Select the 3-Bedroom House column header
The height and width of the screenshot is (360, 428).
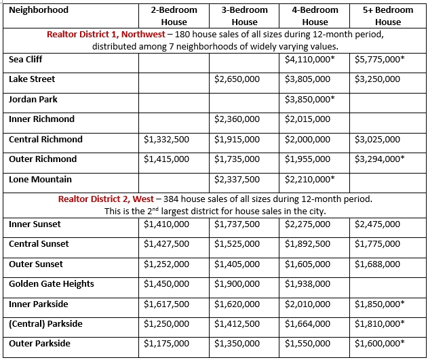click(x=244, y=16)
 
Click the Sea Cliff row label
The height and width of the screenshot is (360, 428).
click(x=26, y=60)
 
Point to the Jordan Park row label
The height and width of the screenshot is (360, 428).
click(x=33, y=100)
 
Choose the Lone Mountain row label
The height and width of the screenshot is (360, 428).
click(x=40, y=180)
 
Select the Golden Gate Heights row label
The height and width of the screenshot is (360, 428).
click(x=52, y=284)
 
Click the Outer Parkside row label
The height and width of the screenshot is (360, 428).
click(x=39, y=344)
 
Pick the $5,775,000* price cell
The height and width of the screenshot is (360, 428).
click(x=379, y=60)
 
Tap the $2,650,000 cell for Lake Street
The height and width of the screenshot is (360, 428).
click(x=237, y=79)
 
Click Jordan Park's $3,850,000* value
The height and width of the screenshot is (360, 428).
click(x=310, y=100)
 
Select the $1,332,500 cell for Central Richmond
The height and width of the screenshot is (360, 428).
click(x=167, y=140)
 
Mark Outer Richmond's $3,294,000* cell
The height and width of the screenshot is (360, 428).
click(x=379, y=159)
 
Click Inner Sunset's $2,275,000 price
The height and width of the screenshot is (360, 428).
click(x=308, y=224)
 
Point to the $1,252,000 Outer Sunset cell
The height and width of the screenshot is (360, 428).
click(x=167, y=264)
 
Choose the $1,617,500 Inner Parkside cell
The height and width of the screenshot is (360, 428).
click(x=167, y=304)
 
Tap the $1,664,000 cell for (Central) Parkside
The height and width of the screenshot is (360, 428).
click(x=308, y=324)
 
